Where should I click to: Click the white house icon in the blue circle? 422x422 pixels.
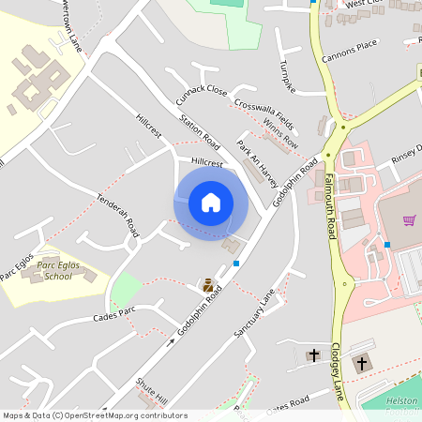point(211,202)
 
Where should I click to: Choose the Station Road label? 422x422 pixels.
point(199,133)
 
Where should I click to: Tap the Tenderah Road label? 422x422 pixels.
point(117,215)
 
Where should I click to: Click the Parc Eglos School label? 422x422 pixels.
point(53,271)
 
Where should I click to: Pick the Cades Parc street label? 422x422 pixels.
point(114,314)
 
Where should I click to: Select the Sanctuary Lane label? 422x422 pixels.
point(254,312)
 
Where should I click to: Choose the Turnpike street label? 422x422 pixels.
point(287,78)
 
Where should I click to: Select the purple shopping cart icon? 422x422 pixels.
point(409,220)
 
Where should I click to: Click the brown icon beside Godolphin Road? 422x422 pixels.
point(208,284)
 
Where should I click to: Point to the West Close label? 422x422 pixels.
point(365,5)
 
